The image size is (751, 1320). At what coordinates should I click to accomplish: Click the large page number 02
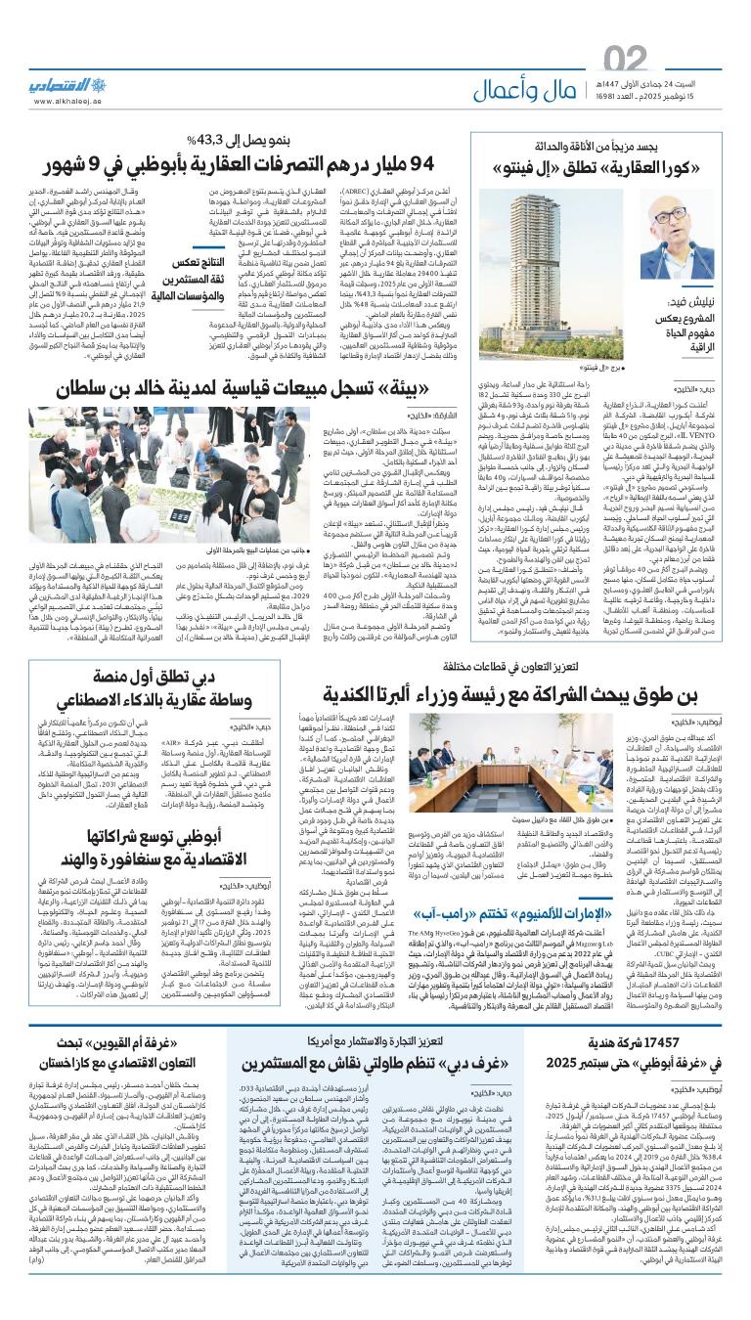coord(627,59)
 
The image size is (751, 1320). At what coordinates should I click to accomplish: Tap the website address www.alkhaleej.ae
coord(67,100)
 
